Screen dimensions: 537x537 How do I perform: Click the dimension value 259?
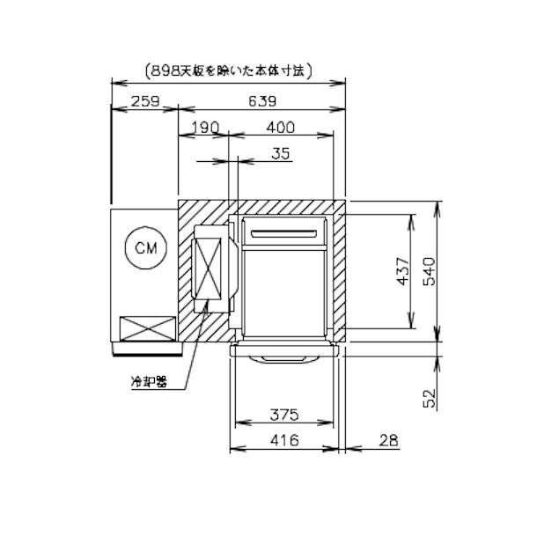pyautogui.click(x=145, y=101)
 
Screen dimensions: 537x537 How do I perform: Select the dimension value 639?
pyautogui.click(x=262, y=101)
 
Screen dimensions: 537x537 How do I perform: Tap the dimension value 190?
pyautogui.click(x=205, y=128)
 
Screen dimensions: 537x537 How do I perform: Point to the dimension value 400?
pyautogui.click(x=281, y=128)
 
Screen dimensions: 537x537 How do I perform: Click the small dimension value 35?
pyautogui.click(x=281, y=153)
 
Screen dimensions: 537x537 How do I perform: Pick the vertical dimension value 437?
pyautogui.click(x=403, y=271)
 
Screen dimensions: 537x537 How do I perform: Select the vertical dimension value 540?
pyautogui.click(x=429, y=271)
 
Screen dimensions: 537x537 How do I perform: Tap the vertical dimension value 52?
pyautogui.click(x=429, y=398)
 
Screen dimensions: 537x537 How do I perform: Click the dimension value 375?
pyautogui.click(x=284, y=415)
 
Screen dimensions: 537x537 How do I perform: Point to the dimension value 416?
pyautogui.click(x=284, y=440)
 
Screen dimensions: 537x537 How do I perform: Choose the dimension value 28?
pyautogui.click(x=389, y=440)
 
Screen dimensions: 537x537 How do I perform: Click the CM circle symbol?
pyautogui.click(x=146, y=227)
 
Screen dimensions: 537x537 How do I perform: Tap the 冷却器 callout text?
pyautogui.click(x=149, y=382)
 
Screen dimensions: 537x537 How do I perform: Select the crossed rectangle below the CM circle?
pyautogui.click(x=148, y=328)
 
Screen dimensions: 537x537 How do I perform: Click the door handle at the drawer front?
pyautogui.click(x=284, y=359)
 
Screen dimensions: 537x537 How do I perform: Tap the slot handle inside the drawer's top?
pyautogui.click(x=284, y=234)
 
